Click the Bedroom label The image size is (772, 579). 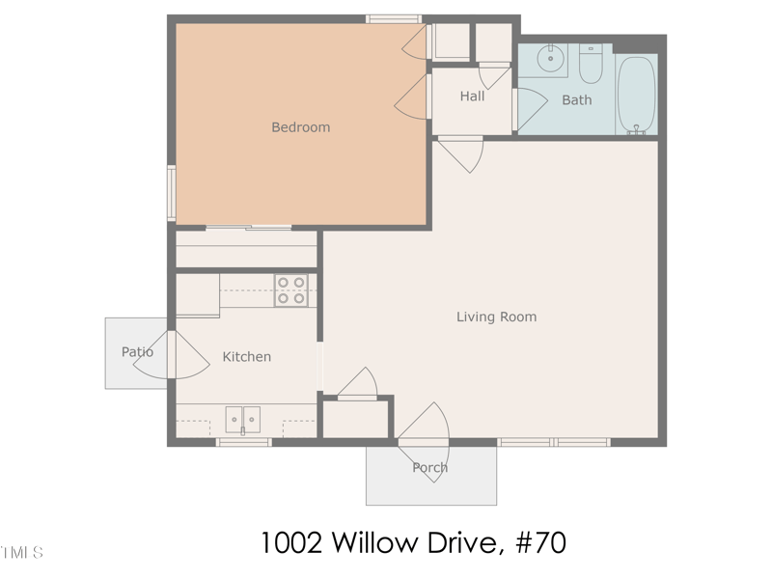point(300,127)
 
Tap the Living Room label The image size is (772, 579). point(496,317)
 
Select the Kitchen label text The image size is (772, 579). point(247,357)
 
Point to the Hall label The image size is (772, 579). point(472,96)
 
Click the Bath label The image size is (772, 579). point(576,99)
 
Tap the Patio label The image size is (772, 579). point(137,352)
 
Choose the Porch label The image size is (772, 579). point(429,468)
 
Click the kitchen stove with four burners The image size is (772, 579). point(291,290)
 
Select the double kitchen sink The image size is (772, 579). point(243,420)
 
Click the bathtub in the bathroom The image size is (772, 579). point(636,95)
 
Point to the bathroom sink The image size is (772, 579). point(550,59)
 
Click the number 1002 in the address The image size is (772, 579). point(292,542)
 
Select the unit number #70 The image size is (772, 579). point(538,542)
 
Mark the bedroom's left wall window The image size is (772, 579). point(171,193)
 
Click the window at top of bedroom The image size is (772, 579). point(394,18)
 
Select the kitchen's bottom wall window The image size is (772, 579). point(242,442)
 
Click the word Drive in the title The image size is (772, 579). point(464,542)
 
